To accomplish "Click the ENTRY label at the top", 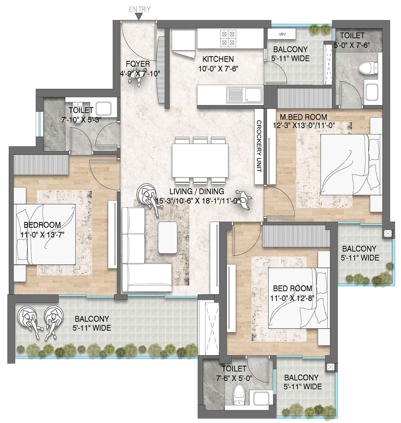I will coord(140,9).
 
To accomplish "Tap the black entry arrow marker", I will coord(140,17).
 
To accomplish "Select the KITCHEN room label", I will coord(218,59).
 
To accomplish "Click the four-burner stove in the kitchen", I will coord(228,38).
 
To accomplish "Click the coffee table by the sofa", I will coord(167,237).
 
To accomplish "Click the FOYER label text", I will coord(138,64).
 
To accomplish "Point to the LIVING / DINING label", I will coord(196,192).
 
